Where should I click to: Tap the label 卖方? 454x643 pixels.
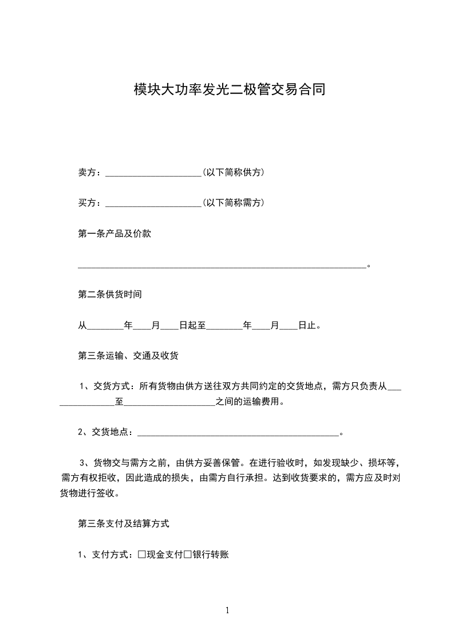pos(89,172)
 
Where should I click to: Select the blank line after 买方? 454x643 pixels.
pos(153,203)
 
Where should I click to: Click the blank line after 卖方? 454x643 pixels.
pos(153,172)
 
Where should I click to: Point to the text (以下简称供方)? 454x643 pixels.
pos(233,172)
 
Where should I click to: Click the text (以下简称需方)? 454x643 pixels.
pos(233,203)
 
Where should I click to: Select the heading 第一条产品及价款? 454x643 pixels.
pos(115,234)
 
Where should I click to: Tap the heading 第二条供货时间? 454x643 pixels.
pos(110,295)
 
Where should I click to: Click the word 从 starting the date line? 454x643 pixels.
pos(82,326)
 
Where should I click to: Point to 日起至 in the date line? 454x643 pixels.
pos(192,326)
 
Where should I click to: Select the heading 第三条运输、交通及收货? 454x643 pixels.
pos(128,356)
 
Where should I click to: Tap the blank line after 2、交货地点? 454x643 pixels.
pos(239,432)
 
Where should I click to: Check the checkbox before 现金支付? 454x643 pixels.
pos(142,554)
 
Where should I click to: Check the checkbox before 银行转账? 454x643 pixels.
pos(187,554)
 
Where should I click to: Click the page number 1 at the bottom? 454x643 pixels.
pos(227,610)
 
